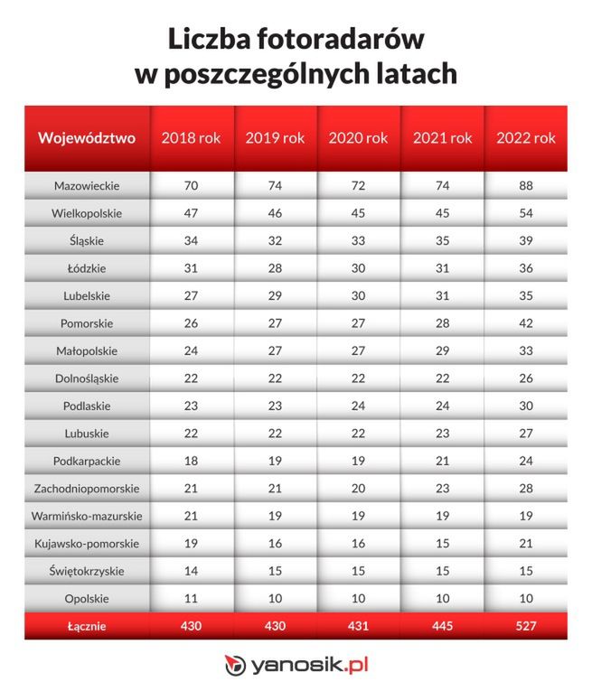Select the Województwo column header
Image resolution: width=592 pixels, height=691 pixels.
[87, 138]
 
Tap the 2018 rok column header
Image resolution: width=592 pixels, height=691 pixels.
[191, 138]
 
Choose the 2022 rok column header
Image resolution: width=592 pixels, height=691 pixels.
[526, 138]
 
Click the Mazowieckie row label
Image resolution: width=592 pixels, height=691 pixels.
[87, 186]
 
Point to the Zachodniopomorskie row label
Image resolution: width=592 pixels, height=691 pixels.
[87, 488]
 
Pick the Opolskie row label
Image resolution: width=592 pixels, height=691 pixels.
[87, 598]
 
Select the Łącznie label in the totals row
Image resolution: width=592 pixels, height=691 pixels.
[87, 626]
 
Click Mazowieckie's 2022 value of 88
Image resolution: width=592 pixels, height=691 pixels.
[526, 186]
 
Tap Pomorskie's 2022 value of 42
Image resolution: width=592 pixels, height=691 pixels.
[526, 323]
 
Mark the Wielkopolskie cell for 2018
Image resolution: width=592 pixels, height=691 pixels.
[191, 214]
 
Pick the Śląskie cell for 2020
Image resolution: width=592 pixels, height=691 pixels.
[358, 241]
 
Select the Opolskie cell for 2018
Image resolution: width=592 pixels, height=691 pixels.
[191, 598]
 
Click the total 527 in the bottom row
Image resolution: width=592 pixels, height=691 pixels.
[526, 626]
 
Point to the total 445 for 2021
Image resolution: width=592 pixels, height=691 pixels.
[442, 626]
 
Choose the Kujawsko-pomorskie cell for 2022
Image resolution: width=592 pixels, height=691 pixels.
[526, 543]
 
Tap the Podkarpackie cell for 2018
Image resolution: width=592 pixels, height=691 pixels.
[191, 461]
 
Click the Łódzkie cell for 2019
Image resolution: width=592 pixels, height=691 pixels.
[275, 268]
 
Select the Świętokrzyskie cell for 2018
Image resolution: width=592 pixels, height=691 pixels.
[191, 571]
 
